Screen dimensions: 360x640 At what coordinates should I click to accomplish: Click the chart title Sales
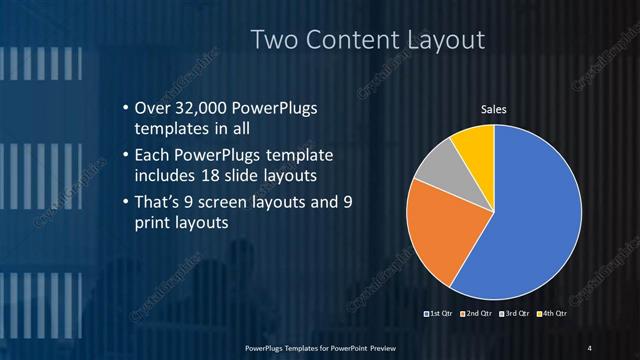(493, 110)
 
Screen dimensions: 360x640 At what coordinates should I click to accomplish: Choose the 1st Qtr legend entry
(440, 315)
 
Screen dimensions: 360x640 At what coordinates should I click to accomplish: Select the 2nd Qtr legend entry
(475, 315)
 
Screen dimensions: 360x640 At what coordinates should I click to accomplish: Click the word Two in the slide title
(272, 41)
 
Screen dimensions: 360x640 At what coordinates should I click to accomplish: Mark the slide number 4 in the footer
(590, 347)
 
